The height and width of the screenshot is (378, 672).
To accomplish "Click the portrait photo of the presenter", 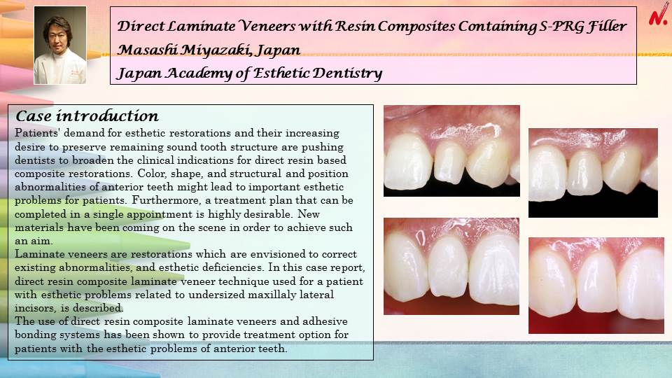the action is point(60,45).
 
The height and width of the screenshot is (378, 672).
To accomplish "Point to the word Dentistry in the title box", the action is point(347,73).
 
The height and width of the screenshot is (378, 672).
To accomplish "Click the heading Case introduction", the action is point(87,116).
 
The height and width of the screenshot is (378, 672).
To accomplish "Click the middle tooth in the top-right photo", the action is point(585,173).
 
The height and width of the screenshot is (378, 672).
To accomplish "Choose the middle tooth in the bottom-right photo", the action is point(597,282).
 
